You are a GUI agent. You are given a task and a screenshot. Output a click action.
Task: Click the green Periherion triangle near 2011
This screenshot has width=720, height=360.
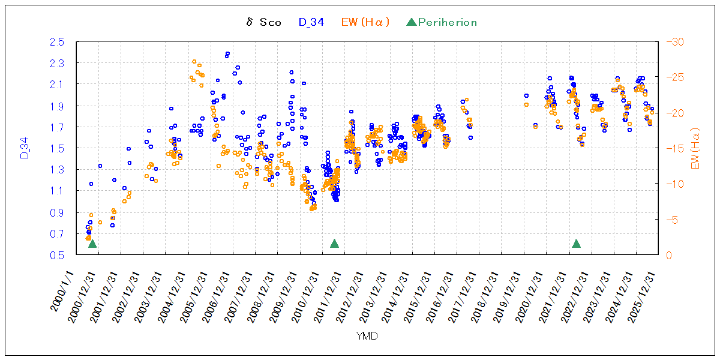(x=335, y=244)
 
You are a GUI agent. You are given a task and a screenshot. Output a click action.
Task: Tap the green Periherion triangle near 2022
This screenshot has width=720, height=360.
(x=577, y=244)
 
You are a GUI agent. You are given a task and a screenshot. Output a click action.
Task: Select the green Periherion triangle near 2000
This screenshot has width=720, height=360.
(x=92, y=244)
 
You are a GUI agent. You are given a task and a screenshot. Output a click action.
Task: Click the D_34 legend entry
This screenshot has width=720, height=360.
(x=311, y=23)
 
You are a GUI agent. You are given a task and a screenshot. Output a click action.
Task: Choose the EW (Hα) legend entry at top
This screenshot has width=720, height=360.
(x=365, y=23)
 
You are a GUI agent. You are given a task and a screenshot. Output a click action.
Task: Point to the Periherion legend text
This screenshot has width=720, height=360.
(x=447, y=23)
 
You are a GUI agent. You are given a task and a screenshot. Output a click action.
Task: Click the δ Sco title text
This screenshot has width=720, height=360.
(x=263, y=23)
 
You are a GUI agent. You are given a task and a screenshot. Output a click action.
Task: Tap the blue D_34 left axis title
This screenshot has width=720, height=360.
(x=25, y=148)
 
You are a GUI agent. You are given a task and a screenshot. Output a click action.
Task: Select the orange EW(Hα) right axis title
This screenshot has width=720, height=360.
(x=697, y=148)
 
